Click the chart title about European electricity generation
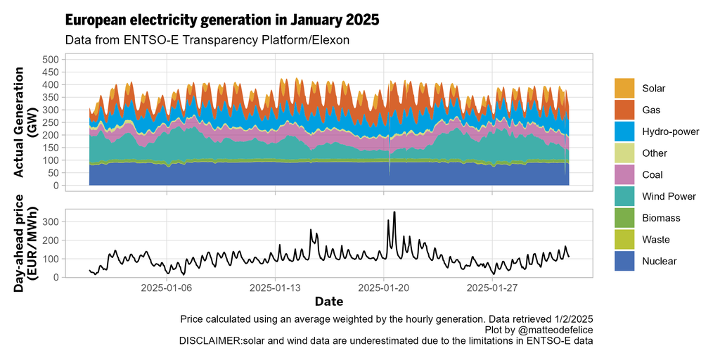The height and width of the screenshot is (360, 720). pyautogui.click(x=222, y=20)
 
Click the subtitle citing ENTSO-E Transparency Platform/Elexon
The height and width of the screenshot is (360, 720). pyautogui.click(x=207, y=40)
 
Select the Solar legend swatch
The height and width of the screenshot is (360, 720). pyautogui.click(x=624, y=89)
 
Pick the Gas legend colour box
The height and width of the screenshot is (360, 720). pyautogui.click(x=624, y=110)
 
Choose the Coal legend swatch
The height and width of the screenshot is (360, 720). pyautogui.click(x=624, y=175)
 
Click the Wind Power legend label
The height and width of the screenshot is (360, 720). pyautogui.click(x=665, y=196)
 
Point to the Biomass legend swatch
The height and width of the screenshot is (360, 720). pyautogui.click(x=624, y=218)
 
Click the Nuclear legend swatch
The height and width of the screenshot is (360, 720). pyautogui.click(x=624, y=261)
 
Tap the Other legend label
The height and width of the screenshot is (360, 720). pyautogui.click(x=655, y=153)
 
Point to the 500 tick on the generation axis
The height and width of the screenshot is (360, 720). pyautogui.click(x=49, y=60)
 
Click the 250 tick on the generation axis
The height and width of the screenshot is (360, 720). pyautogui.click(x=49, y=122)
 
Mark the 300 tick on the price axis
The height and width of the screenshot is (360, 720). pyautogui.click(x=49, y=222)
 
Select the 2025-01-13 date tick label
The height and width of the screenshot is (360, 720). pyautogui.click(x=276, y=288)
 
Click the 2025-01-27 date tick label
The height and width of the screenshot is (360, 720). pyautogui.click(x=492, y=288)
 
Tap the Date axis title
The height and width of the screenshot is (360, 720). pyautogui.click(x=329, y=302)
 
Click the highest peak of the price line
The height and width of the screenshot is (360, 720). pyautogui.click(x=394, y=212)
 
